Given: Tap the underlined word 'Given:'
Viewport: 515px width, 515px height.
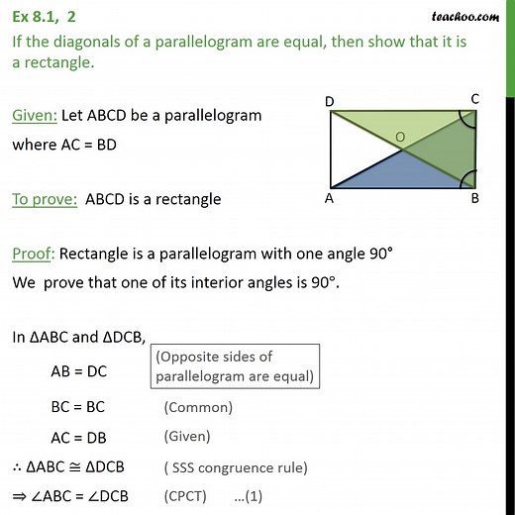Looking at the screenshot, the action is [34, 115].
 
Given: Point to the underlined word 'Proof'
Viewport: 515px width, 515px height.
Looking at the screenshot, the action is [32, 254].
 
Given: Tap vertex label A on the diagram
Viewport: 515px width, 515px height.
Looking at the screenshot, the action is [328, 197].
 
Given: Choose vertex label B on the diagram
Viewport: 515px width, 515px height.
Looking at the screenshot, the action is [474, 197].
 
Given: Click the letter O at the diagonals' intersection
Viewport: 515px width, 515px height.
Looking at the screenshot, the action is [399, 136].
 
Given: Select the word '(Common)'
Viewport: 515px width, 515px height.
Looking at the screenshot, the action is [198, 406].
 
